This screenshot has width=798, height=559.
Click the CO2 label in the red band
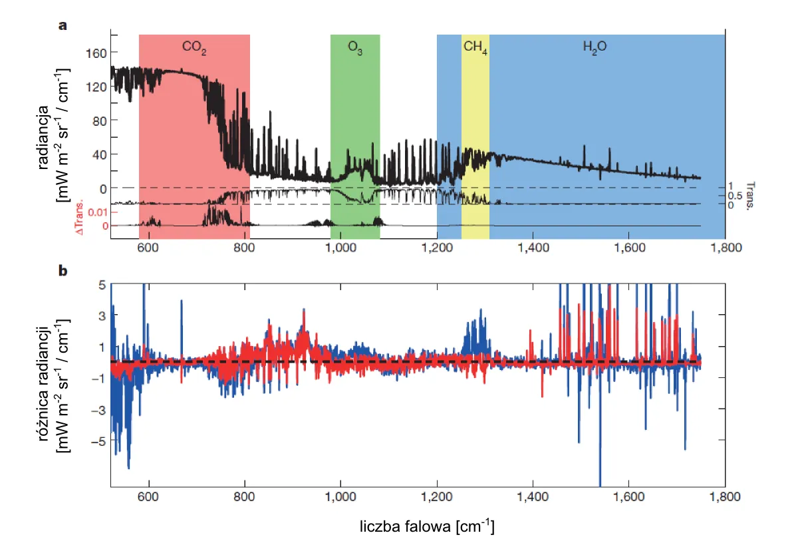194,47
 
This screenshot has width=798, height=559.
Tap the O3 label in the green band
355,47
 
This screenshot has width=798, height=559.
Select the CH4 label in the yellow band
475,47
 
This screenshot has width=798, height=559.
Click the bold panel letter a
63,26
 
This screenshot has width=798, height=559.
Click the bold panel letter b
63,272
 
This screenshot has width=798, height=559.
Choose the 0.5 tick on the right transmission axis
734,196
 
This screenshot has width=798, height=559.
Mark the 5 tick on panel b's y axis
102,284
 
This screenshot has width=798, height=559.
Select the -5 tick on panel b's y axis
100,441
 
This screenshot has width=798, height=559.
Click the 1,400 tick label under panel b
532,496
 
